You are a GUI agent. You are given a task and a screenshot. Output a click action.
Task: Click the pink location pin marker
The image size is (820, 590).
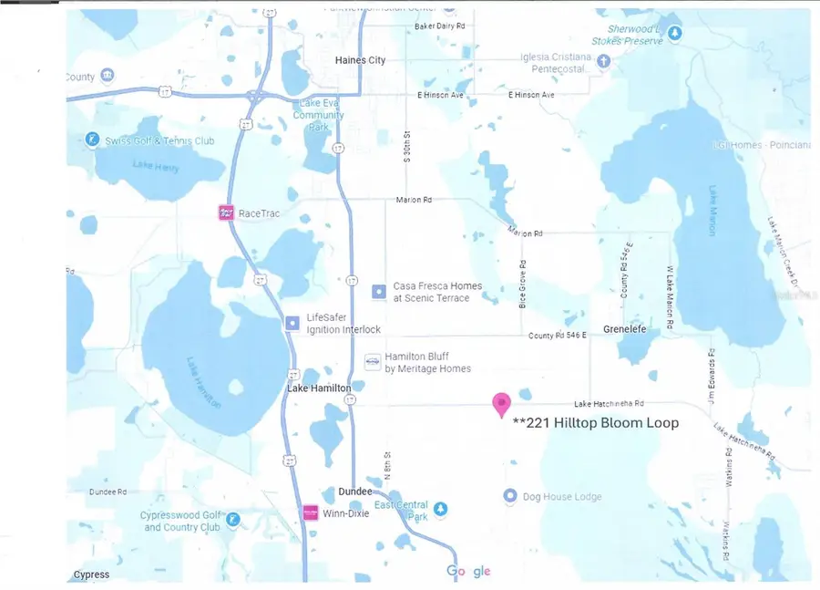pos(501,404)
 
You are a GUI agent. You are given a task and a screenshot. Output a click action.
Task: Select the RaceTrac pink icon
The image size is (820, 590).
pos(226,213)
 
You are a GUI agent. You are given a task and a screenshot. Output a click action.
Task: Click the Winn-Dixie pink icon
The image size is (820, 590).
pos(311,512)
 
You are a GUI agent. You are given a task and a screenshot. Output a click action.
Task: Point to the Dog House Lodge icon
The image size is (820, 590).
pos(511,496)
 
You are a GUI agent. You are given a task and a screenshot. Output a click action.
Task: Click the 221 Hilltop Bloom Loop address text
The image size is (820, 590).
pos(596,423)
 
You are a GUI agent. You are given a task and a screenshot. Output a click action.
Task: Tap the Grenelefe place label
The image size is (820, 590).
pos(625,329)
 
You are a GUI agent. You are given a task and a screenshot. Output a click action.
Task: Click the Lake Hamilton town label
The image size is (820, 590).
pos(319,388)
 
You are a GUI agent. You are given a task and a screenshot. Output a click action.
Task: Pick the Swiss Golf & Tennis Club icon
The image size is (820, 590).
pos(91,140)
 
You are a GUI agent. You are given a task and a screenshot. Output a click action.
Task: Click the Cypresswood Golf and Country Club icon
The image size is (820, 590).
pos(233,520)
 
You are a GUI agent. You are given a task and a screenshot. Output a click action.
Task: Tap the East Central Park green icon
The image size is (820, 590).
pos(441,508)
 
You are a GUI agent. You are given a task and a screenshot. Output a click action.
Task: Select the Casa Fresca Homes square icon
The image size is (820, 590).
pos(379,292)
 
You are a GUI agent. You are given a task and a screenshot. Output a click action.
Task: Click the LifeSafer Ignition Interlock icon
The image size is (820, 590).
pos(292,323)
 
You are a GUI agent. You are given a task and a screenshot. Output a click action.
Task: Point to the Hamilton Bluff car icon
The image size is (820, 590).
pos(372,362)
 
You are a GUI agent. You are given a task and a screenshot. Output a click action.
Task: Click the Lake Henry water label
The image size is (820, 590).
pos(156,165)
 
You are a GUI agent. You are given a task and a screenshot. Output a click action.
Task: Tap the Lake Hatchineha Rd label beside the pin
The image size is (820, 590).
pos(609,403)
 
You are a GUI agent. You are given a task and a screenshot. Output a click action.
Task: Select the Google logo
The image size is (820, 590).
pos(468,571)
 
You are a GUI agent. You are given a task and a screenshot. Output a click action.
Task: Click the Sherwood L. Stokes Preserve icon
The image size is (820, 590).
pos(675,34)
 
